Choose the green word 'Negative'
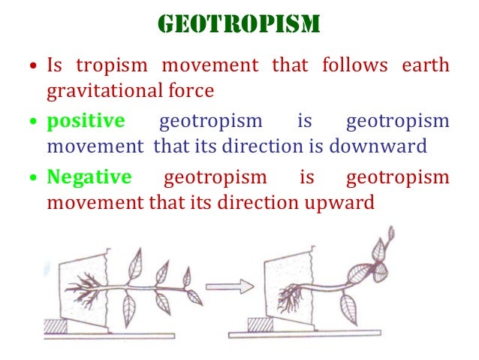pos(89,177)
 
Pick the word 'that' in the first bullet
pos(290,65)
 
